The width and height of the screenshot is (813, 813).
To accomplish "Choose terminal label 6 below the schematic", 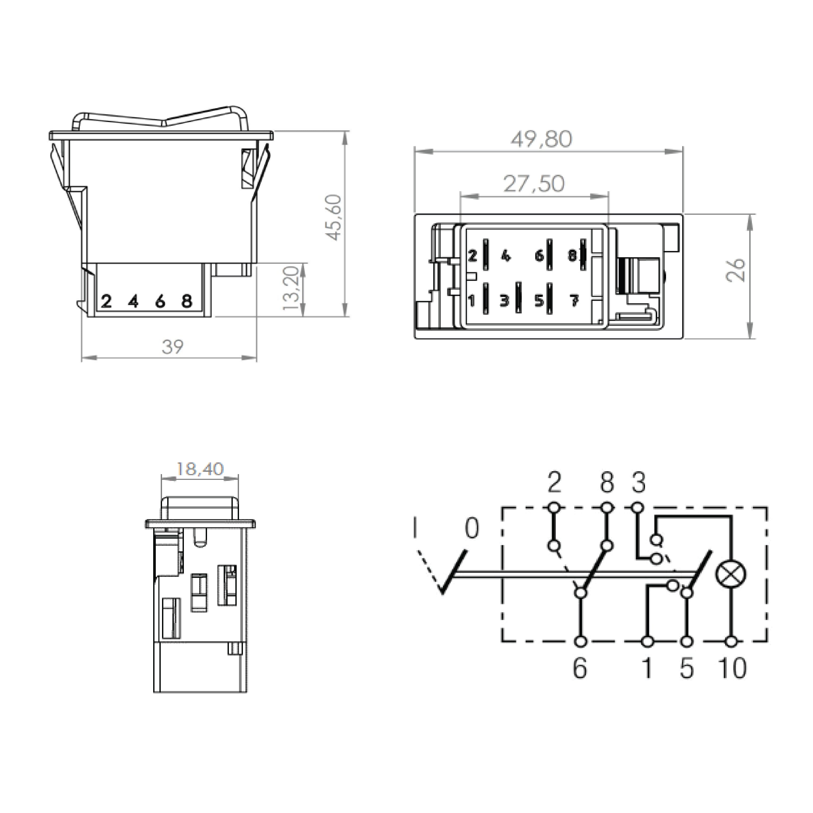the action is (580, 668).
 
